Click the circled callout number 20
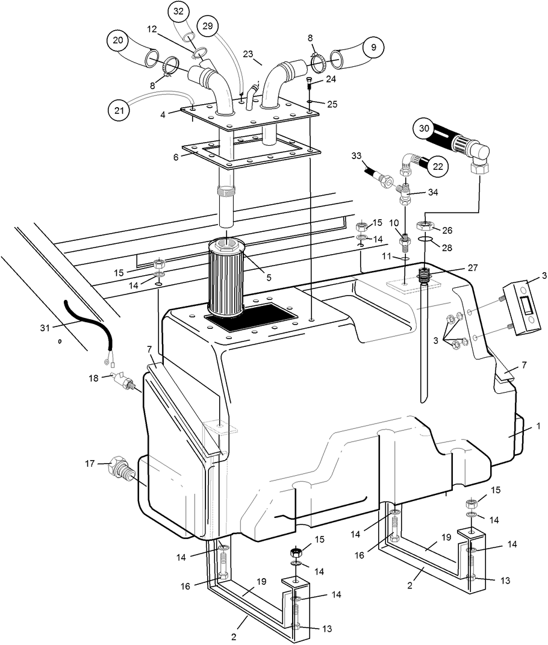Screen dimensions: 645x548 tap(118, 40)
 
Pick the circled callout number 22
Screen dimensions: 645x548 tap(440, 166)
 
